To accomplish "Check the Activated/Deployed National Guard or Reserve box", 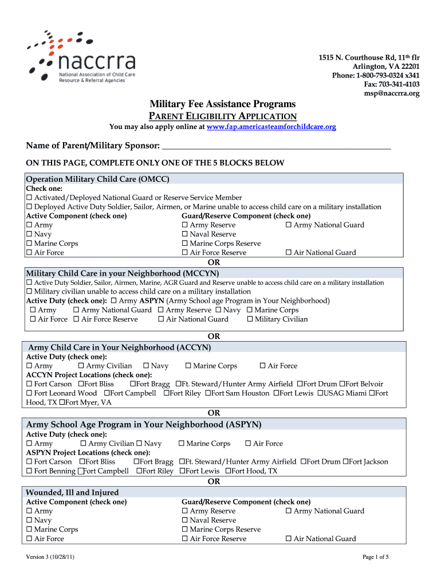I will [x=29, y=198].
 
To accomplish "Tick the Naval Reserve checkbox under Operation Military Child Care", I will [x=185, y=234].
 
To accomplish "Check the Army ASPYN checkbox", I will [x=114, y=301].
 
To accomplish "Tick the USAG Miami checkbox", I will [x=321, y=393].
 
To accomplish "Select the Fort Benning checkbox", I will [x=29, y=471].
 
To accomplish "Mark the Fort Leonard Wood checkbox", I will [x=29, y=393].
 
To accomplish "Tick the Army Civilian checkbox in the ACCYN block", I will [x=81, y=366].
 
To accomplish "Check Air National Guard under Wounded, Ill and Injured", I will [x=289, y=539].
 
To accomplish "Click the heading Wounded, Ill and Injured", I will [x=73, y=492].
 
